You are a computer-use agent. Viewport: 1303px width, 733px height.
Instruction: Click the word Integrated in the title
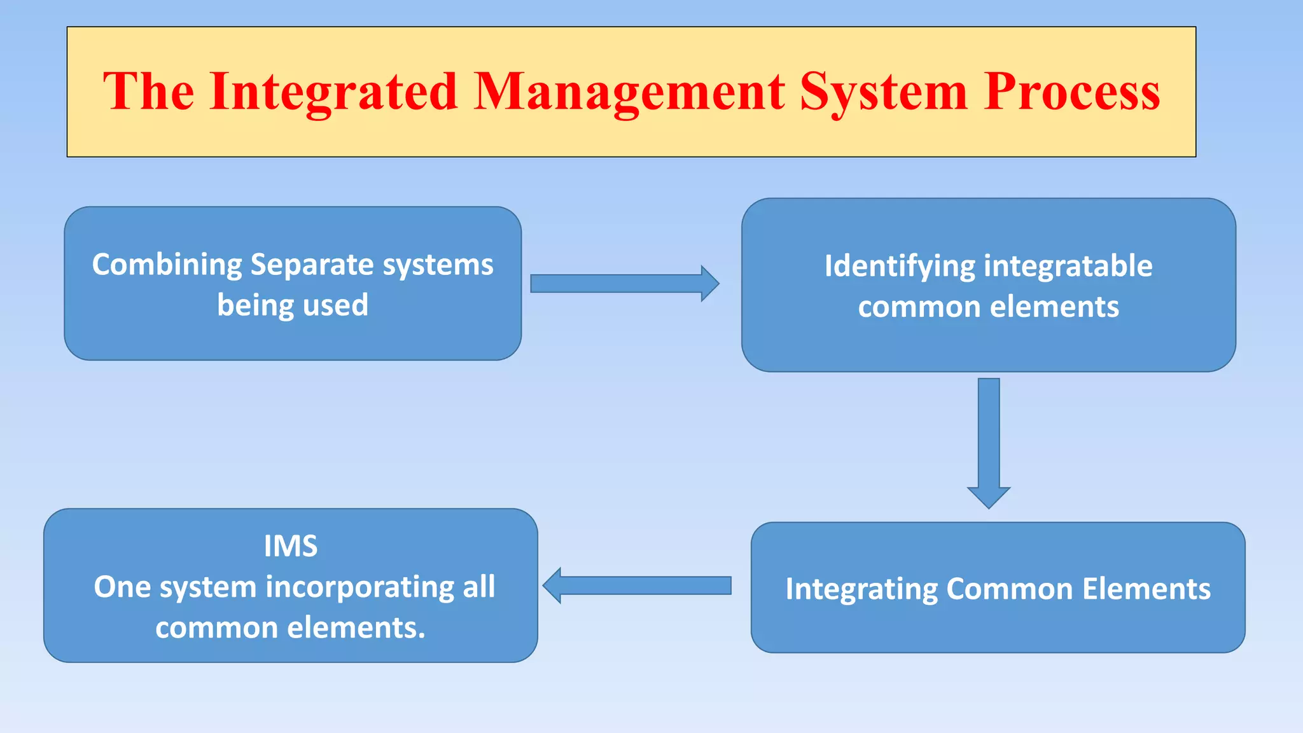click(x=333, y=92)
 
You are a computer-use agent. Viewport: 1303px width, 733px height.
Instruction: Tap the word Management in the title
click(x=629, y=92)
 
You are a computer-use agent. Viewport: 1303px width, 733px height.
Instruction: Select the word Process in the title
click(x=1071, y=92)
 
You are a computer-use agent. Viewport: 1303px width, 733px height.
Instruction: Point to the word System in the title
click(x=884, y=92)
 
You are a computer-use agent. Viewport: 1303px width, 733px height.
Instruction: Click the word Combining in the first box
click(x=167, y=265)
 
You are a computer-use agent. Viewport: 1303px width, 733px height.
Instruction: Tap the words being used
click(x=293, y=305)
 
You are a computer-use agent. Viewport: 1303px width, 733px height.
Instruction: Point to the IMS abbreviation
click(x=291, y=546)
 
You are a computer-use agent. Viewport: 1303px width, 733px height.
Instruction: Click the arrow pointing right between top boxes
click(x=624, y=284)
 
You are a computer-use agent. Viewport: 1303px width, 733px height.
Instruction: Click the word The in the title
click(x=148, y=92)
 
